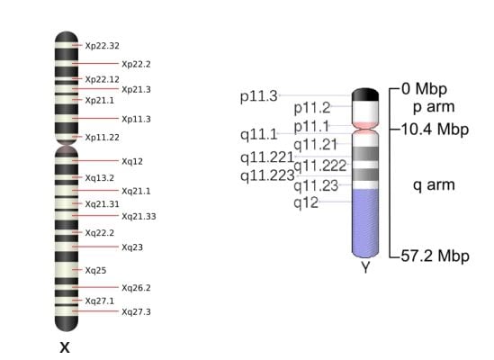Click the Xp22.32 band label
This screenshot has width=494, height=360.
pos(102,46)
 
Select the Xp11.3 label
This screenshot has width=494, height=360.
pos(136,119)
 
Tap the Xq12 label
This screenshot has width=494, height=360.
pos(132,161)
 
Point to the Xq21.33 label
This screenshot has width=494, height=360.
pos(139,217)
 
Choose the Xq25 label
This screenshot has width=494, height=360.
pos(95,271)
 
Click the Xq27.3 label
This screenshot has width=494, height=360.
pos(136,312)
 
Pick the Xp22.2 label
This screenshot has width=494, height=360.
pos(136,64)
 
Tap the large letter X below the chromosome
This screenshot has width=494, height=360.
pos(65,347)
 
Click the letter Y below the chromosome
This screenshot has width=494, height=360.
pos(365,267)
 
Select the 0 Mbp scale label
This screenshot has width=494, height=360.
pos(424,88)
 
